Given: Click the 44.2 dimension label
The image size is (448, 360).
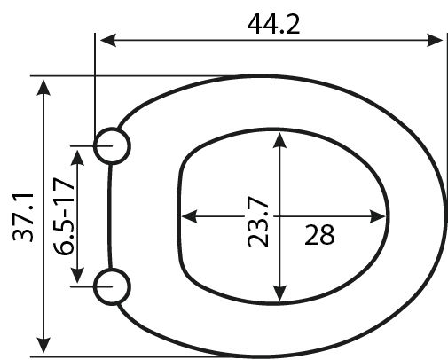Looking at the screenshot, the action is click(273, 25).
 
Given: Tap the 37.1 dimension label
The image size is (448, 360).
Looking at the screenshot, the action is click(23, 217).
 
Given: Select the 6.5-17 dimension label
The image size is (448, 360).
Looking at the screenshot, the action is click(64, 216).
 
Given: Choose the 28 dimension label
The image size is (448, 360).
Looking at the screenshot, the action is click(319, 235).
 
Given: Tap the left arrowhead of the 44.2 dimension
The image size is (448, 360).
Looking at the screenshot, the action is click(108, 40).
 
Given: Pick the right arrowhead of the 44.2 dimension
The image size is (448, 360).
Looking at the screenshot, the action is click(435, 40).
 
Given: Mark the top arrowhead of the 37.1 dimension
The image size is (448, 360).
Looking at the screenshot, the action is click(43, 88).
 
